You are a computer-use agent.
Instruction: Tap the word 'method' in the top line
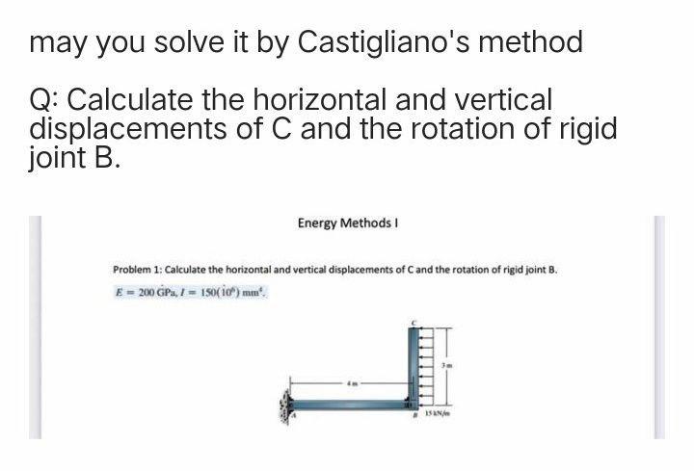point(533,42)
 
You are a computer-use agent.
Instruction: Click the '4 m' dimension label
point(354,382)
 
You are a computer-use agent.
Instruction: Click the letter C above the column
point(413,321)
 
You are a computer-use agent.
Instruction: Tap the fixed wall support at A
point(285,398)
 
